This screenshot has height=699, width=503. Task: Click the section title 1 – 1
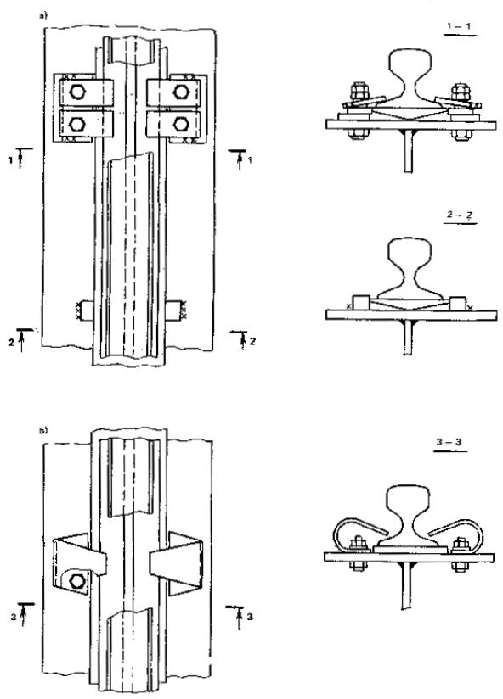pyautogui.click(x=459, y=27)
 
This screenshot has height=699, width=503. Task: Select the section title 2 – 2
pyautogui.click(x=461, y=215)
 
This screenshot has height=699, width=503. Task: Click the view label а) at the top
pyautogui.click(x=43, y=16)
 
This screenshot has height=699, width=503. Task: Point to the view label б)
pyautogui.click(x=43, y=431)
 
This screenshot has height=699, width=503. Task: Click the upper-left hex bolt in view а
pyautogui.click(x=77, y=92)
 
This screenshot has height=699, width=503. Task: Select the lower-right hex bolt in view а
pyautogui.click(x=180, y=124)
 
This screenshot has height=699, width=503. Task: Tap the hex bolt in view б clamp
pyautogui.click(x=77, y=580)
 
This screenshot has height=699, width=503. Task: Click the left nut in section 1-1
pyautogui.click(x=359, y=92)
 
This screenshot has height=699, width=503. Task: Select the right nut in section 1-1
pyautogui.click(x=461, y=92)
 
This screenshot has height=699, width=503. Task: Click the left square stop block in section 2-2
pyautogui.click(x=360, y=303)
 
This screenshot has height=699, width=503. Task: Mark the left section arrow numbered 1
pyautogui.click(x=20, y=156)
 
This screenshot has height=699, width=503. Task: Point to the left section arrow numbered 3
pyautogui.click(x=22, y=615)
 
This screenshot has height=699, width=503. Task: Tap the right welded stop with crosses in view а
pyautogui.click(x=178, y=310)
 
